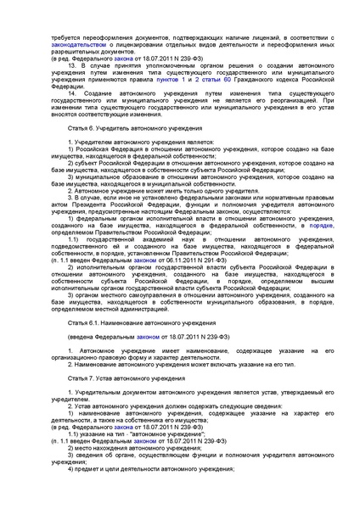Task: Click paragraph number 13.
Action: (x=76, y=64)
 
